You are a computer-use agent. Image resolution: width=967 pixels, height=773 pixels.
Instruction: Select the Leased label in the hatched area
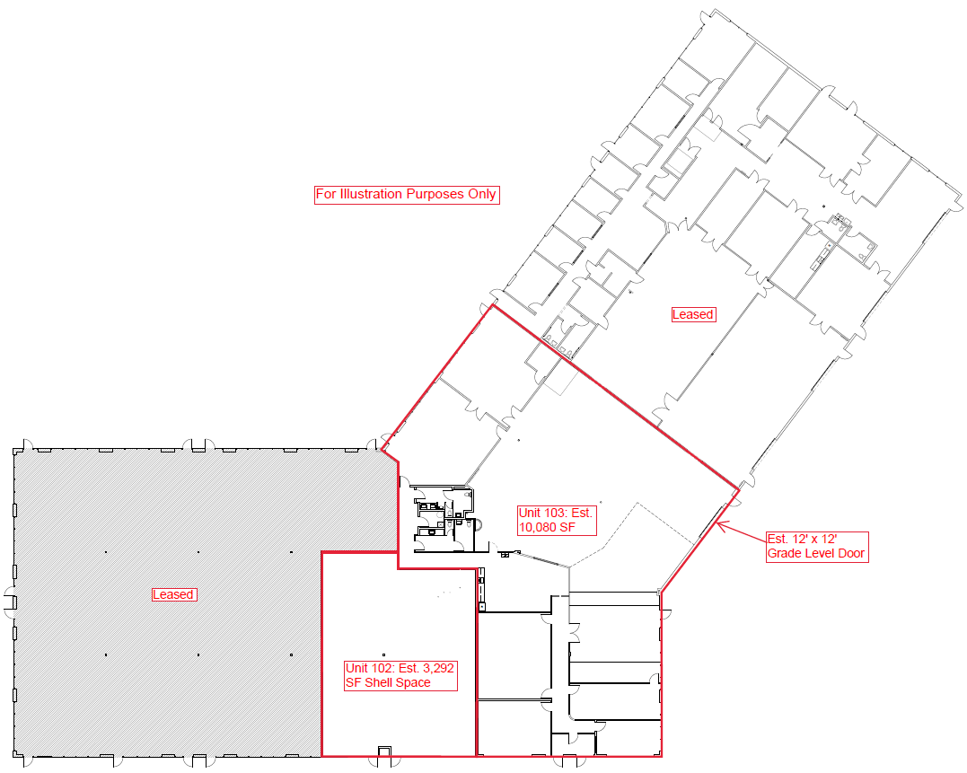pos(173,594)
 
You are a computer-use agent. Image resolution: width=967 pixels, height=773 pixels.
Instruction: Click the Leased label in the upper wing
pos(693,314)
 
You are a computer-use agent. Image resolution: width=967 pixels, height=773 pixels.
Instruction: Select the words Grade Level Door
pos(816,553)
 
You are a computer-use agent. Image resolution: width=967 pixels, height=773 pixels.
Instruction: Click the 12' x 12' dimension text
pos(815,539)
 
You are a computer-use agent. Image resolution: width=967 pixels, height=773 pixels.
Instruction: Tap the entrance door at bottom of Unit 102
pos(384,752)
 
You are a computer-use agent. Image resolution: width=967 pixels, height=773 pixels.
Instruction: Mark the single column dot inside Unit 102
pos(383,654)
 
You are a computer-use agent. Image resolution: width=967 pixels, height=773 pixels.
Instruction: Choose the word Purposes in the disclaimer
pos(433,194)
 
